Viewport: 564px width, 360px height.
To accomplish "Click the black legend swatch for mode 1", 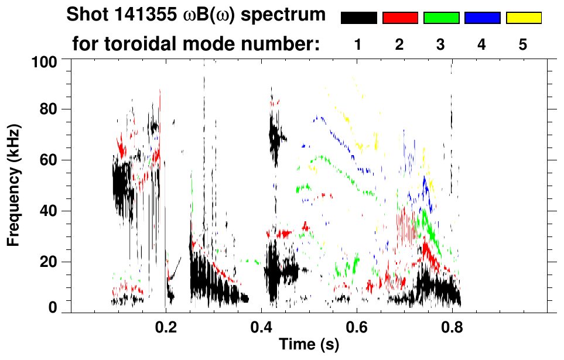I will (359, 18).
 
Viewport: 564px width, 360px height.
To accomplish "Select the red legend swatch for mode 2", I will (400, 18).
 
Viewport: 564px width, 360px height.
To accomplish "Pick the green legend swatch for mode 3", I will (441, 18).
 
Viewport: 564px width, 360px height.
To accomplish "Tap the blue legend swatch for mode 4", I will (482, 18).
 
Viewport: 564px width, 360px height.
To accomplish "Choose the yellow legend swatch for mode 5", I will (524, 18).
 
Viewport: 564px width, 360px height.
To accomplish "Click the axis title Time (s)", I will (308, 345).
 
